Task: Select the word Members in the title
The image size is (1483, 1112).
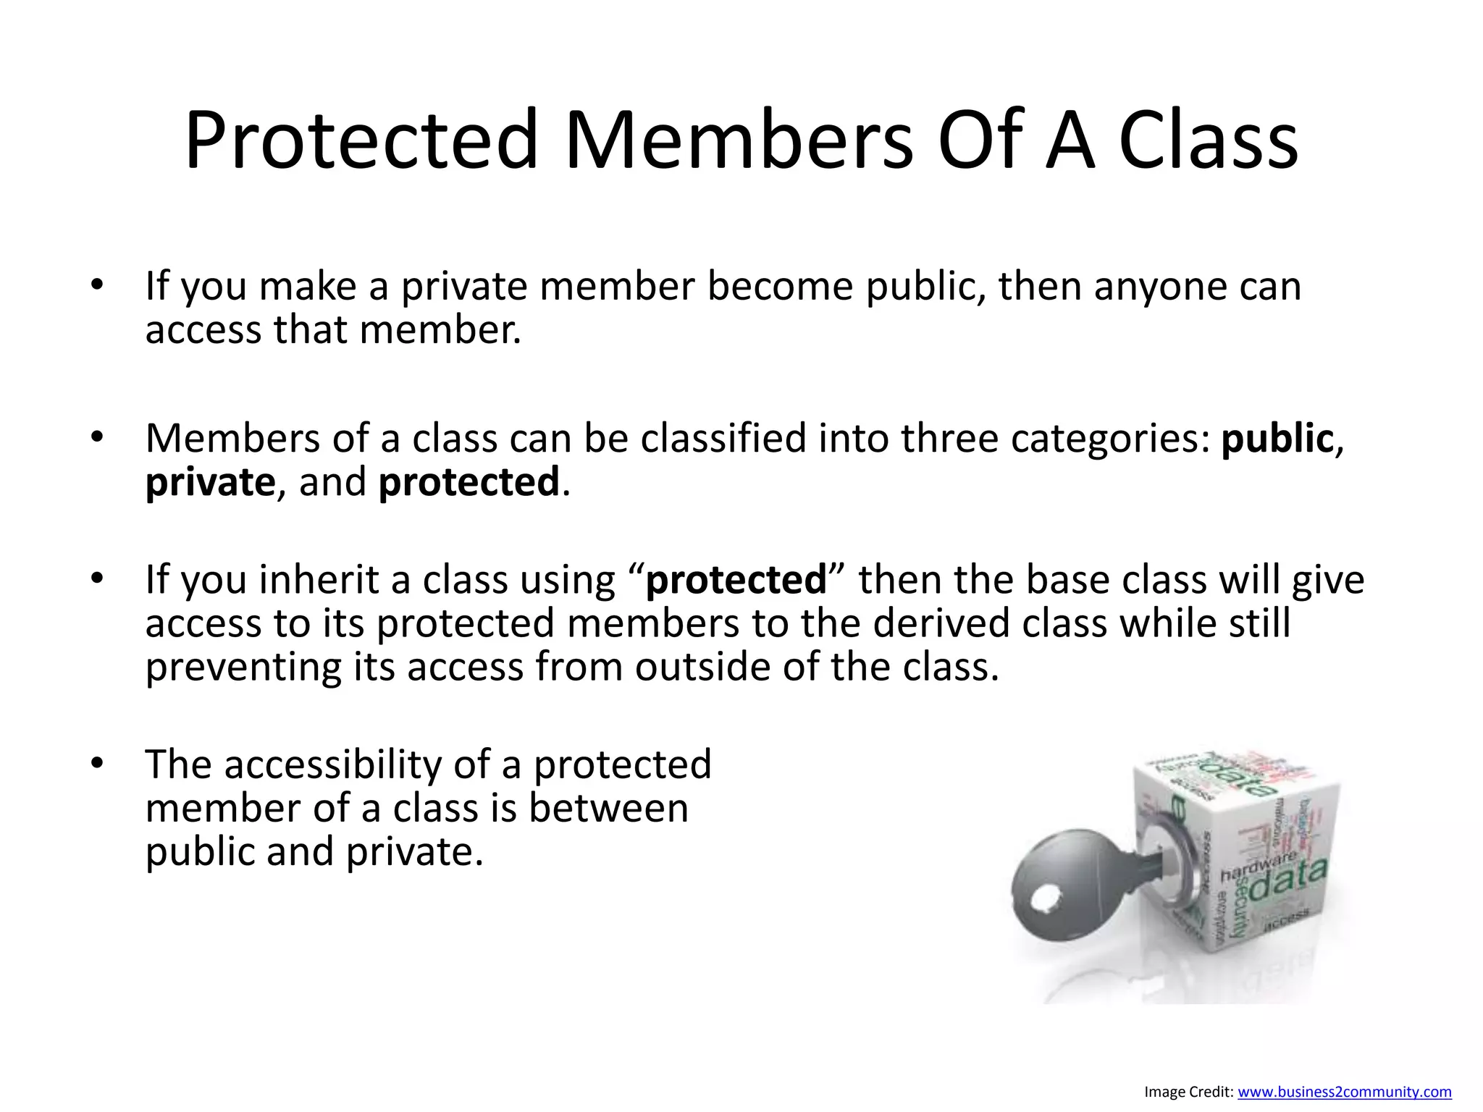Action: (739, 140)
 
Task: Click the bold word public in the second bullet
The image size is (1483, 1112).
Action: (1277, 439)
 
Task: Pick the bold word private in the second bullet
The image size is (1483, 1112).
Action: (210, 483)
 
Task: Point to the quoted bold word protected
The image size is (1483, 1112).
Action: (736, 581)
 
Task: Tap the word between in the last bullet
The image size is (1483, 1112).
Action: (608, 809)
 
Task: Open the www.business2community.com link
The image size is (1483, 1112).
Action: (1344, 1092)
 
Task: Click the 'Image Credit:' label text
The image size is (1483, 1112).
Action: (1188, 1092)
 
